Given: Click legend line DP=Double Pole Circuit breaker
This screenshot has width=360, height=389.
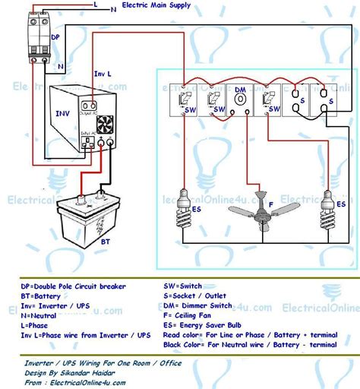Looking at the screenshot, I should coord(73,286).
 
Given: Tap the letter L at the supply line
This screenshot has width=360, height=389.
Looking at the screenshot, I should coord(96,4).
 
